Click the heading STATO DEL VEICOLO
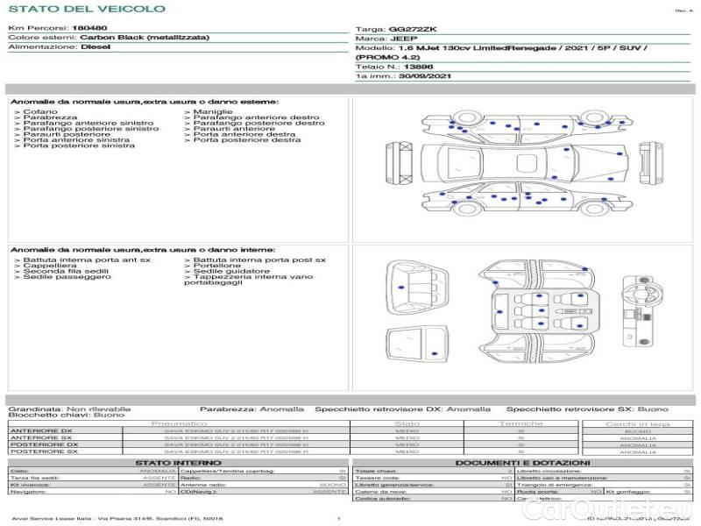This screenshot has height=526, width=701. point(87,9)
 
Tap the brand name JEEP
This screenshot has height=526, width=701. point(405,39)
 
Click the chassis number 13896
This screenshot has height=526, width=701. point(419,67)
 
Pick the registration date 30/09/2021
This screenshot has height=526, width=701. point(425,77)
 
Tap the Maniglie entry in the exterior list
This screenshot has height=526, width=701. point(213,112)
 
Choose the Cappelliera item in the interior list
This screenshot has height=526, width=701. point(49,266)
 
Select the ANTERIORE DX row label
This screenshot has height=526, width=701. point(41,430)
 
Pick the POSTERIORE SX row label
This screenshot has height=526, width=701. point(43,451)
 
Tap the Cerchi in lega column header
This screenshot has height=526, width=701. point(638,423)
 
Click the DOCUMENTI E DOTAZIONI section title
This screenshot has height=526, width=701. point(522,462)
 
